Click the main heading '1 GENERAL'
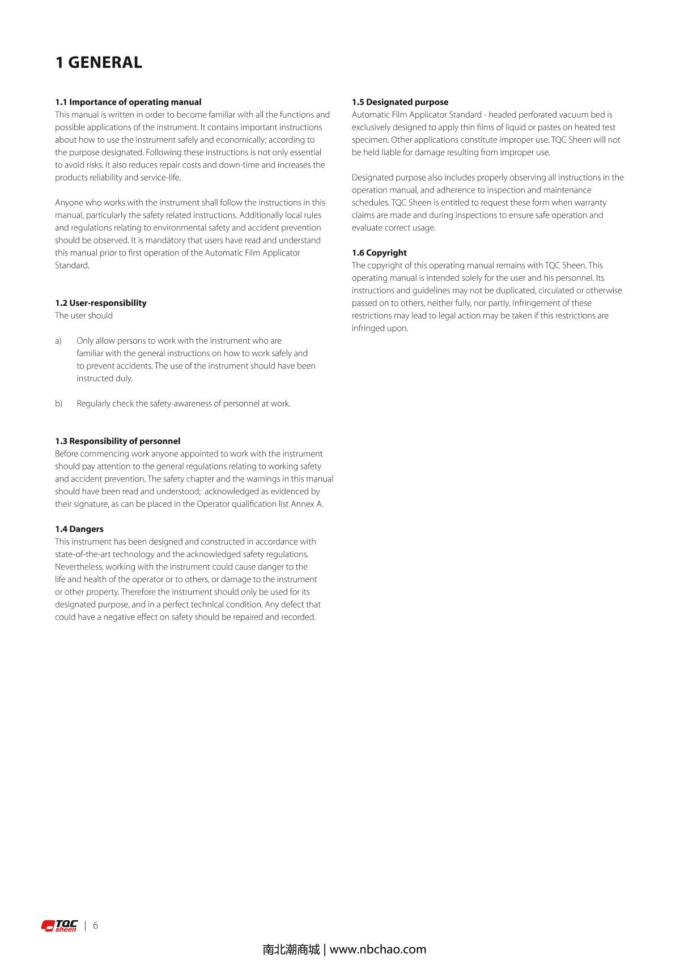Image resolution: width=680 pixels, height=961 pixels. tap(99, 62)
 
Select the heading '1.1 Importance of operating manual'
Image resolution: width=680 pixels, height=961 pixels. tap(128, 102)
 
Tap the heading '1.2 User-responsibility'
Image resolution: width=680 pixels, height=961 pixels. tap(101, 303)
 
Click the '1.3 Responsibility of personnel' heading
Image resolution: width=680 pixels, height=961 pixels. tap(117, 441)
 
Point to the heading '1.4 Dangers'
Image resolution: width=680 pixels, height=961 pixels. tap(79, 529)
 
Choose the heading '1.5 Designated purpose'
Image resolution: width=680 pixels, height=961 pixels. tap(399, 102)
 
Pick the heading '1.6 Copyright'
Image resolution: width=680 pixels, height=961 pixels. tap(379, 253)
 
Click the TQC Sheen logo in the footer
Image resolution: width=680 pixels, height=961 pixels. tap(59, 926)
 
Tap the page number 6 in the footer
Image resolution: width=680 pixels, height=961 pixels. tap(95, 925)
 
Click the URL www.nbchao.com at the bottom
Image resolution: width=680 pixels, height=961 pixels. tap(378, 949)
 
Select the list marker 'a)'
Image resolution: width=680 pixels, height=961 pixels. tap(58, 341)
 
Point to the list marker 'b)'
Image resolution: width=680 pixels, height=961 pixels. tap(58, 404)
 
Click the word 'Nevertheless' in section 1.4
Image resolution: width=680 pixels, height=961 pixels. tap(79, 567)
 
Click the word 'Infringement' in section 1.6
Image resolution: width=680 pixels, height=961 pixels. tap(535, 303)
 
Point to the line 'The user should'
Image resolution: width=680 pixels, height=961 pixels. tap(84, 315)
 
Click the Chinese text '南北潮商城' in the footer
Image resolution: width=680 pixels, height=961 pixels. tap(291, 949)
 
